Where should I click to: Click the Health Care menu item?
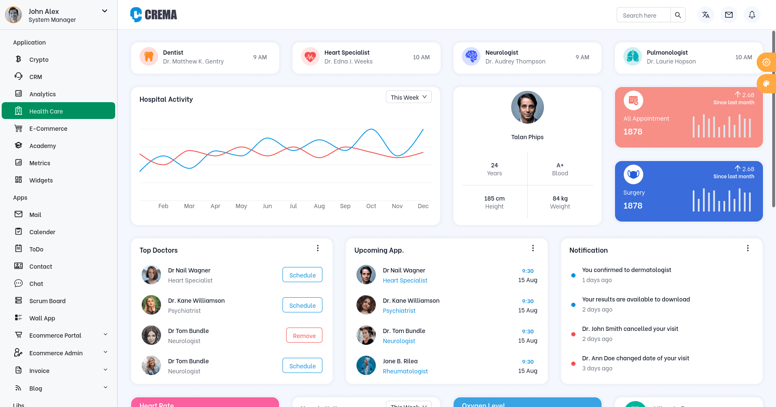pyautogui.click(x=58, y=111)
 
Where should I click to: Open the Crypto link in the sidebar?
pyautogui.click(x=39, y=60)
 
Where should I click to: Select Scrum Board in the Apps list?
pyautogui.click(x=47, y=301)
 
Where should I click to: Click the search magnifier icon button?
pyautogui.click(x=678, y=15)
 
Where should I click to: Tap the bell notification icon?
pyautogui.click(x=752, y=15)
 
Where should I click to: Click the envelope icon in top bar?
pyautogui.click(x=728, y=15)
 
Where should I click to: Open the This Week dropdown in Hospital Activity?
pyautogui.click(x=409, y=97)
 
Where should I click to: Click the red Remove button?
pyautogui.click(x=304, y=336)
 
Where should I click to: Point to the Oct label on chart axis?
pyautogui.click(x=371, y=206)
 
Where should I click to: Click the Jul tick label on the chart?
pyautogui.click(x=293, y=206)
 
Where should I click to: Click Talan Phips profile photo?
pyautogui.click(x=527, y=107)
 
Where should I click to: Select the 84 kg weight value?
pyautogui.click(x=560, y=198)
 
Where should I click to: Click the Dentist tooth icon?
pyautogui.click(x=149, y=56)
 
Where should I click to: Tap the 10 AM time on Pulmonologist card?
pyautogui.click(x=743, y=57)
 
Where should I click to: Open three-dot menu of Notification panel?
pyautogui.click(x=747, y=248)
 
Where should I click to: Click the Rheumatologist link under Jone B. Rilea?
pyautogui.click(x=405, y=371)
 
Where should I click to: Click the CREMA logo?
pyautogui.click(x=154, y=15)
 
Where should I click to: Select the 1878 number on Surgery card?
pyautogui.click(x=633, y=206)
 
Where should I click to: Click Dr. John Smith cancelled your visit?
pyautogui.click(x=630, y=329)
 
